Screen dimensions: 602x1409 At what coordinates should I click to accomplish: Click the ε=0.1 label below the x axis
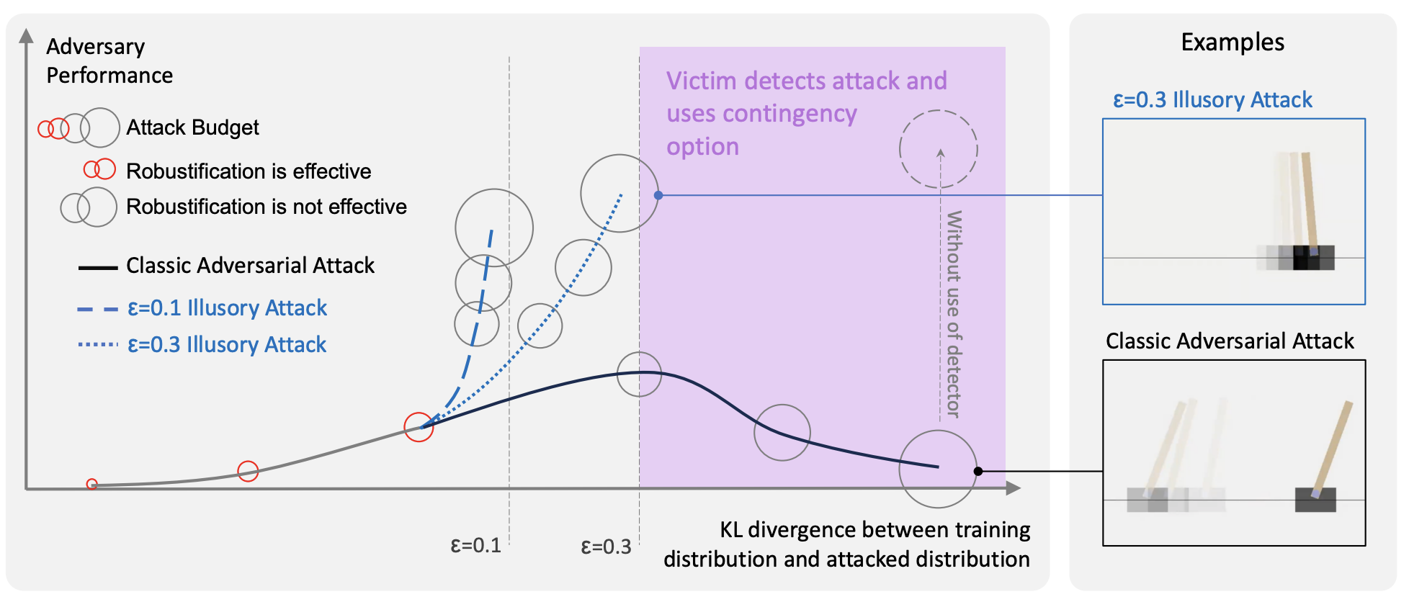coord(475,545)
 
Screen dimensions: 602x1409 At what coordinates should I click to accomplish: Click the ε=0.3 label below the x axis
coord(606,547)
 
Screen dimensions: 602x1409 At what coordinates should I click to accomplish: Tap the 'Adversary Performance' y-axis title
coord(109,60)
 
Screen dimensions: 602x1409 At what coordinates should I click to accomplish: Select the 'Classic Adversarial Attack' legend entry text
coord(250,266)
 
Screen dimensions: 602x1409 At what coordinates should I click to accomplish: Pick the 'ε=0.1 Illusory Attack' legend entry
coord(227,308)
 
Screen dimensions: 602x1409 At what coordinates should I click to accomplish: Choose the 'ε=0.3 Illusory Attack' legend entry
coord(227,345)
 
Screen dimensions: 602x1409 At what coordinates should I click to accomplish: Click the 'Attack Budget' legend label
coord(192,127)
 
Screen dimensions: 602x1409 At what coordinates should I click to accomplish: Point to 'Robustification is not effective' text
coord(267,207)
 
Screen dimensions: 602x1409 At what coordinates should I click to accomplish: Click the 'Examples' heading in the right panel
coord(1233,42)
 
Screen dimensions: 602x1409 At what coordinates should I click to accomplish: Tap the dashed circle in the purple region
coord(938,149)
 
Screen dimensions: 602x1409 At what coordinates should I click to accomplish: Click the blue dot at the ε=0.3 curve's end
coord(658,195)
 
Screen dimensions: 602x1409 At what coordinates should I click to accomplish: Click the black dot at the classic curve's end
coord(978,471)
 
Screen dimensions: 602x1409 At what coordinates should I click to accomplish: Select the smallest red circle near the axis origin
coord(92,484)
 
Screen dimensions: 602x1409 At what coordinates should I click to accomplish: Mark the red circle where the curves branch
coord(419,427)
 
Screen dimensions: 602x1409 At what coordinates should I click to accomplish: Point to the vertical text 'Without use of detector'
coord(954,314)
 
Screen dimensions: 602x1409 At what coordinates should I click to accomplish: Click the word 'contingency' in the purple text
coord(761,114)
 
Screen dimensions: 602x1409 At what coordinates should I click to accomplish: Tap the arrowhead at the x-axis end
coord(1014,488)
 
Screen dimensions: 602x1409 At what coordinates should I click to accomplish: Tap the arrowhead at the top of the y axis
coord(27,36)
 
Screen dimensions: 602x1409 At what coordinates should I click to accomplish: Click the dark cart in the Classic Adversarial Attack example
coord(1315,500)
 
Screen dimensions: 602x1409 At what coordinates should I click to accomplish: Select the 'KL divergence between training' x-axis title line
coord(875,530)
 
